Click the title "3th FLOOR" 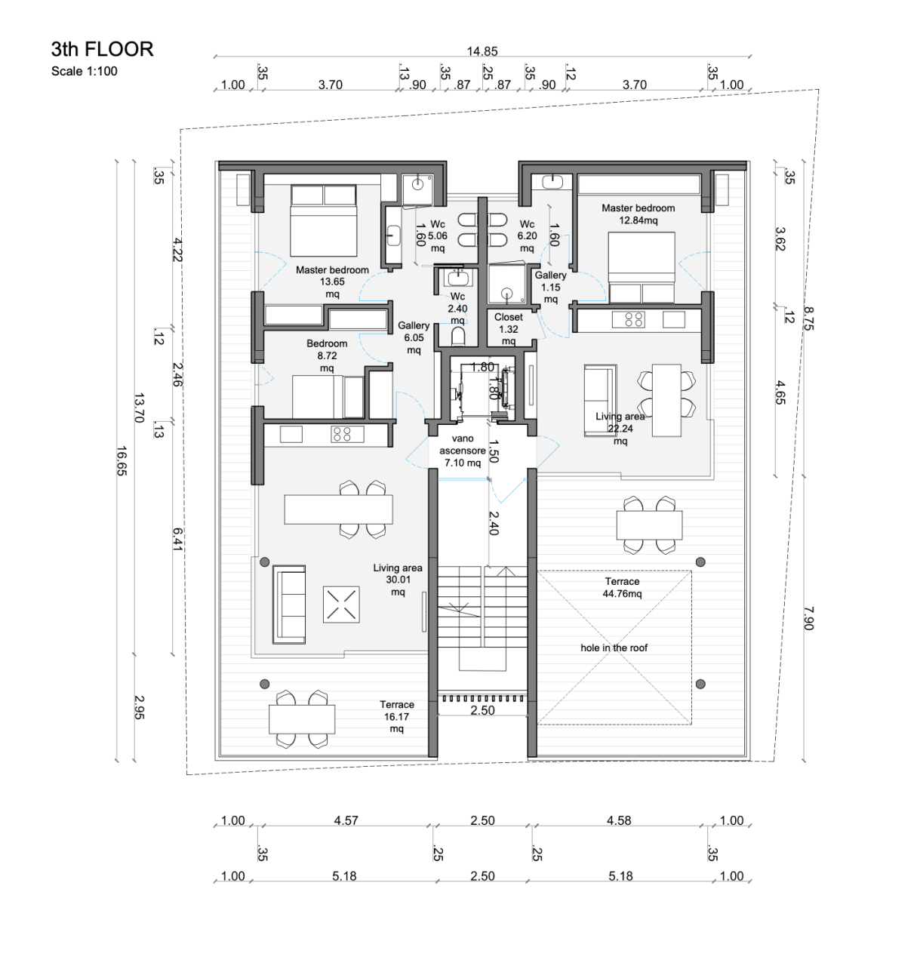102,49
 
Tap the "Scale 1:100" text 84,72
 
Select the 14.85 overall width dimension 482,51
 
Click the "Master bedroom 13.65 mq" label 332,281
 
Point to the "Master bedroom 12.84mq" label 638,214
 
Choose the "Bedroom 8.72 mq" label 327,355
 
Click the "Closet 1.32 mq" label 509,329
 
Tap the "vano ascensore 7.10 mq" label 463,451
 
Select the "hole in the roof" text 614,648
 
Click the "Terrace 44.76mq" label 622,588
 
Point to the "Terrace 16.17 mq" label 396,716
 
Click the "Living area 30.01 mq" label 398,580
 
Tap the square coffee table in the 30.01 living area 341,605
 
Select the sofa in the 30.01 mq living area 289,603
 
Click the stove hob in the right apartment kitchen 634,319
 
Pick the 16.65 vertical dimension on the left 122,460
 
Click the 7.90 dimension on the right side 808,618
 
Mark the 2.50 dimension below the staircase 482,710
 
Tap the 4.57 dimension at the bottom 346,820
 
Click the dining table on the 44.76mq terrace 649,524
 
